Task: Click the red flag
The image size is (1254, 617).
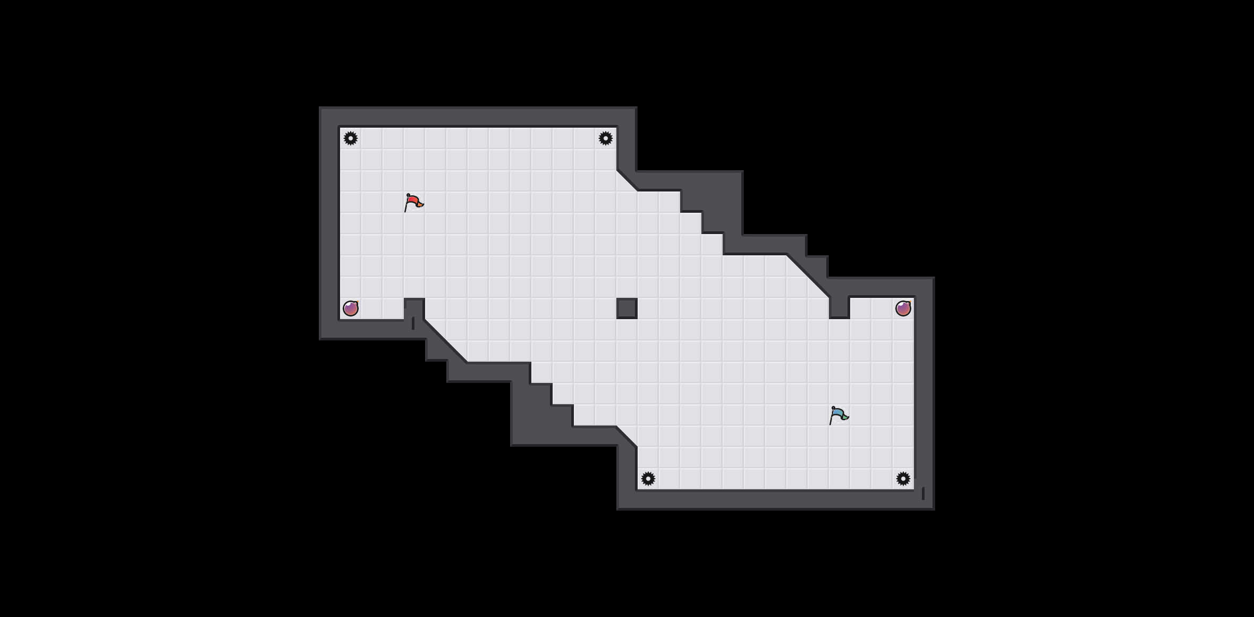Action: click(413, 202)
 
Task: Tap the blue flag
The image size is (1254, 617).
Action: click(838, 415)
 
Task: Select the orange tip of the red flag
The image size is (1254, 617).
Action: click(420, 204)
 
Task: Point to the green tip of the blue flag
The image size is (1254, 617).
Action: click(845, 417)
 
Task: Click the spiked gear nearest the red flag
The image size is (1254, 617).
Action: click(351, 138)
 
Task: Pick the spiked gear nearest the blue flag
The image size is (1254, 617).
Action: click(903, 479)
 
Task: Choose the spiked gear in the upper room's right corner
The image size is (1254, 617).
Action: click(606, 138)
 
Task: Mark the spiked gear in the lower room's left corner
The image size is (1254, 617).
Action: click(648, 479)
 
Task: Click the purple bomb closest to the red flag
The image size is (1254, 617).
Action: click(351, 308)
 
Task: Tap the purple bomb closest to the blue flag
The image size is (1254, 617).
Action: click(903, 308)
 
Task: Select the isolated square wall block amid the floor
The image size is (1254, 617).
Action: click(627, 308)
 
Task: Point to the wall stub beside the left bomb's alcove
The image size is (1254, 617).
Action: click(414, 307)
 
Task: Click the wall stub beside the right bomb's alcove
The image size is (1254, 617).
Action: click(839, 307)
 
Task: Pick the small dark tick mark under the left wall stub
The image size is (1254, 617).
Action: click(413, 323)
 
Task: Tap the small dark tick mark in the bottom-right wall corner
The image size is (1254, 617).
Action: click(923, 494)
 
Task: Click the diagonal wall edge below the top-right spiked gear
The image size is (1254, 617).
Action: click(627, 180)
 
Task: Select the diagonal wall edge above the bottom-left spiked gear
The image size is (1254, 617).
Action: click(627, 437)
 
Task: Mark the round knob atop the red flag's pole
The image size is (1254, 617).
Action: click(408, 195)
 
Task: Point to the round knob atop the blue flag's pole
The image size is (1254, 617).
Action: click(833, 408)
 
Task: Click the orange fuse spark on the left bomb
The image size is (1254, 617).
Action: click(358, 302)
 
